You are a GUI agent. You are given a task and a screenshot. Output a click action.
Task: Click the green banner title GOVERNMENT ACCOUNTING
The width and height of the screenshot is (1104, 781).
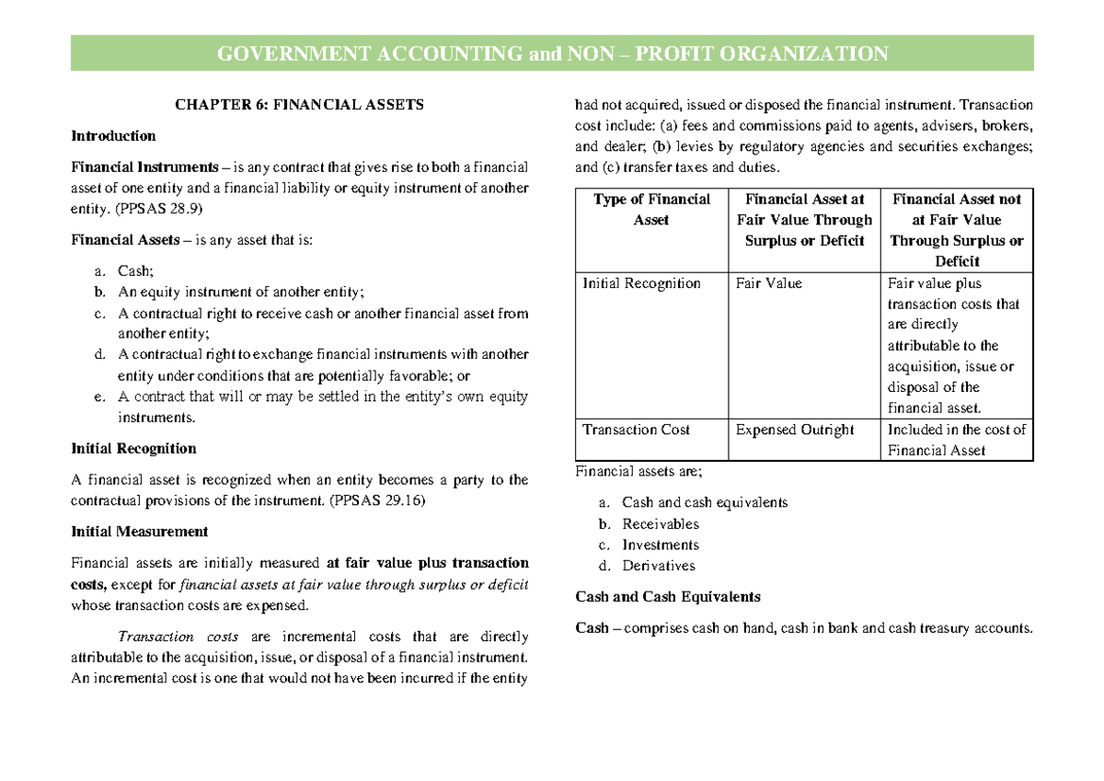pyautogui.click(x=552, y=53)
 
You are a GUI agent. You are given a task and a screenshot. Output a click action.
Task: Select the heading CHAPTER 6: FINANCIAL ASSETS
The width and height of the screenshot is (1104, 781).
pyautogui.click(x=299, y=104)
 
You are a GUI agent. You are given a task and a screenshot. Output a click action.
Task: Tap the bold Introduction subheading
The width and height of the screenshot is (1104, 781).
pyautogui.click(x=113, y=135)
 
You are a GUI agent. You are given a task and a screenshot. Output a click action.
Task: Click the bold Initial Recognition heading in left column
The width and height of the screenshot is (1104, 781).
pyautogui.click(x=133, y=449)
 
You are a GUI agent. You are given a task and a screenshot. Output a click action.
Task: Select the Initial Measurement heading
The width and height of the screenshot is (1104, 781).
pyautogui.click(x=139, y=532)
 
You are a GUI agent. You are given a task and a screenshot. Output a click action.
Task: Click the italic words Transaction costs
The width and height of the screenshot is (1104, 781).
pyautogui.click(x=178, y=637)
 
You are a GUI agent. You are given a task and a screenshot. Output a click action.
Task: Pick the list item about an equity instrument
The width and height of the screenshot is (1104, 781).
pyautogui.click(x=240, y=293)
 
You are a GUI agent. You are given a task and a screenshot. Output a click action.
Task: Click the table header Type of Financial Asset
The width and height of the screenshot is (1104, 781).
pyautogui.click(x=651, y=210)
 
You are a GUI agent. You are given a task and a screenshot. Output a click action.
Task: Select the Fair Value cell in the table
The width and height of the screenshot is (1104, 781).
pyautogui.click(x=768, y=283)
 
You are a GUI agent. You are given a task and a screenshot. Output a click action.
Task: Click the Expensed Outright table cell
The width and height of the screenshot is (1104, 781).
pyautogui.click(x=795, y=430)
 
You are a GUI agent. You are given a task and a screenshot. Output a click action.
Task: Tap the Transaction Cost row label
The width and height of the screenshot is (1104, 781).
pyautogui.click(x=636, y=430)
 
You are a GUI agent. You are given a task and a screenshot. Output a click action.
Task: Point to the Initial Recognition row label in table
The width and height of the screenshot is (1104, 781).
pyautogui.click(x=641, y=283)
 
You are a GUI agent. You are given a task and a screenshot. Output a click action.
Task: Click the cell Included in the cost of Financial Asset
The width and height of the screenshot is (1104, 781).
pyautogui.click(x=956, y=440)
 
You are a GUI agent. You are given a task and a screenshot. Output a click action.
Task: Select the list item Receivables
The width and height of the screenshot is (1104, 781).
pyautogui.click(x=660, y=524)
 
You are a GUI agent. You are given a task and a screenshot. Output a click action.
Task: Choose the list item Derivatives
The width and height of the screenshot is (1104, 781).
pyautogui.click(x=658, y=566)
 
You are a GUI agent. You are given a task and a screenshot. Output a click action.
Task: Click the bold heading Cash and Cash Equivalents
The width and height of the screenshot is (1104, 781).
pyautogui.click(x=667, y=596)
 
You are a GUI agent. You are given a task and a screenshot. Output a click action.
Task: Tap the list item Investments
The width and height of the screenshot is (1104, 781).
pyautogui.click(x=660, y=545)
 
